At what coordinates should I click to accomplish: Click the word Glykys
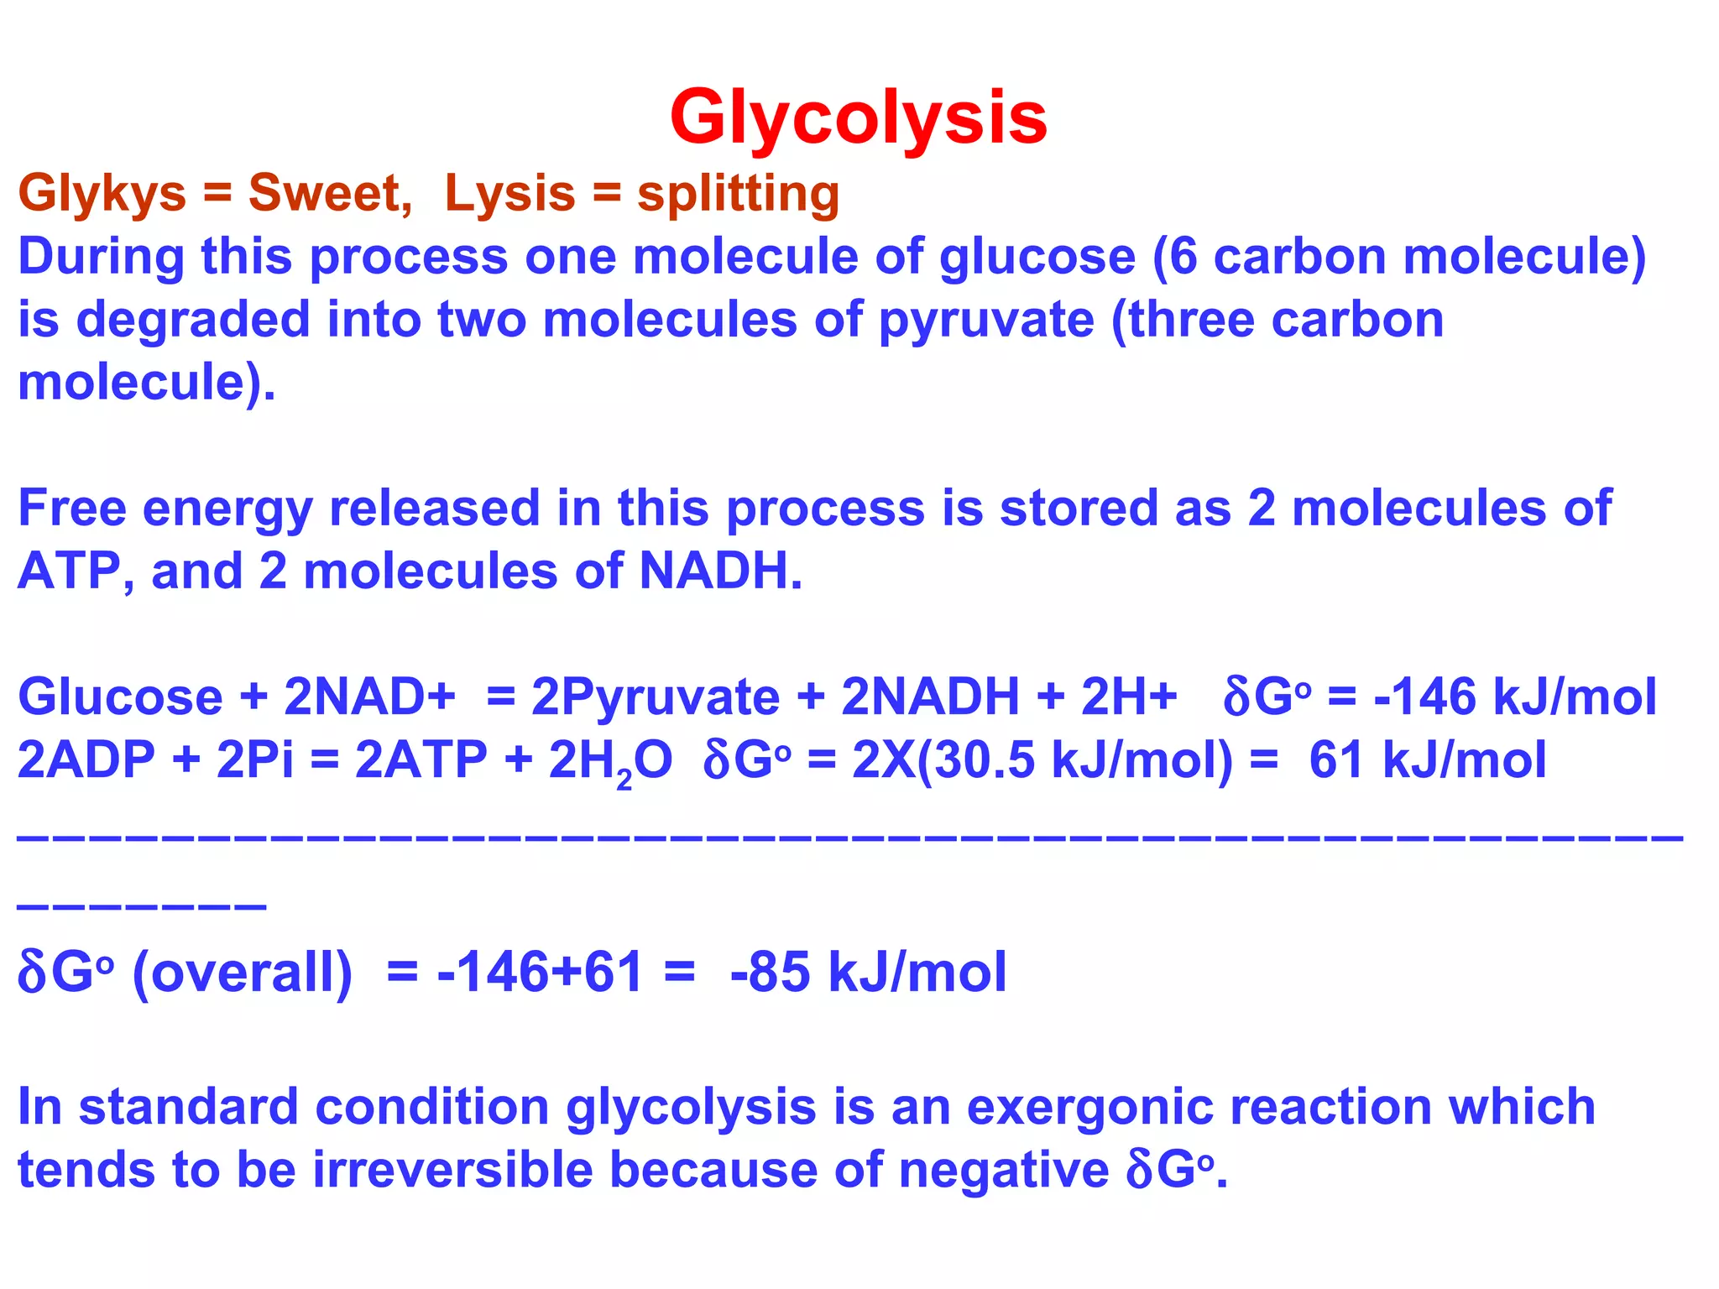click(102, 193)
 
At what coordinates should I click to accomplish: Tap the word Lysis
click(509, 193)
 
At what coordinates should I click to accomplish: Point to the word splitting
click(738, 195)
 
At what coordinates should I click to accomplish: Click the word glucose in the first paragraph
click(1037, 257)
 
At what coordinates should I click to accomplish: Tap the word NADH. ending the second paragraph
click(721, 571)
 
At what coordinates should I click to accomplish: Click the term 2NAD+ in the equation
click(369, 697)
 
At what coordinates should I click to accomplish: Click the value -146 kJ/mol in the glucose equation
click(1515, 697)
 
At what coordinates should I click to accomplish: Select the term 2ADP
click(86, 760)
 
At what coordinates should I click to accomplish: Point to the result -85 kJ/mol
click(868, 973)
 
